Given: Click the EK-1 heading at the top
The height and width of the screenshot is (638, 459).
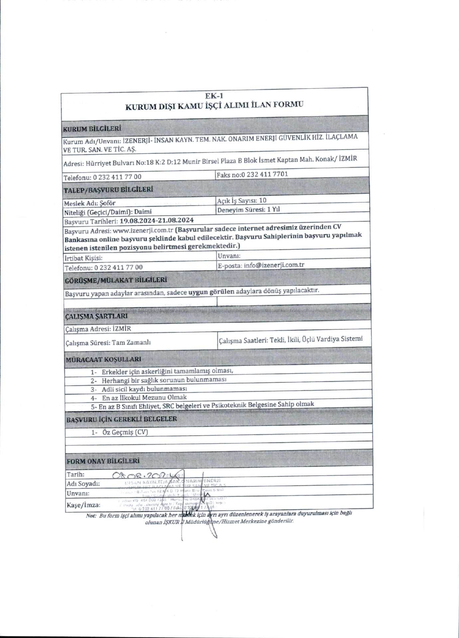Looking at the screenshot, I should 214,96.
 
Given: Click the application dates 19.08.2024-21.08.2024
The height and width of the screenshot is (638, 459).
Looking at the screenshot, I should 157,220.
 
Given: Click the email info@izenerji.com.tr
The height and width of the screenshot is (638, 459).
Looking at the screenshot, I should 274,265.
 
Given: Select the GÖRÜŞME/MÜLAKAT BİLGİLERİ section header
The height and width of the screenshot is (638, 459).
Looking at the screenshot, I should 115,280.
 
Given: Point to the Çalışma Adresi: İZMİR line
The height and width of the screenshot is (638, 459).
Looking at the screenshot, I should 98,329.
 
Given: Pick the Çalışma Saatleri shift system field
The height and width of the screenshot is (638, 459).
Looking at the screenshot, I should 290,339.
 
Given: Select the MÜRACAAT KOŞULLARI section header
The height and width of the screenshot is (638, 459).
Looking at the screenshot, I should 103,359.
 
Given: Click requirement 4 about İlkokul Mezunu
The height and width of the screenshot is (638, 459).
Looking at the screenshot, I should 144,397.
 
